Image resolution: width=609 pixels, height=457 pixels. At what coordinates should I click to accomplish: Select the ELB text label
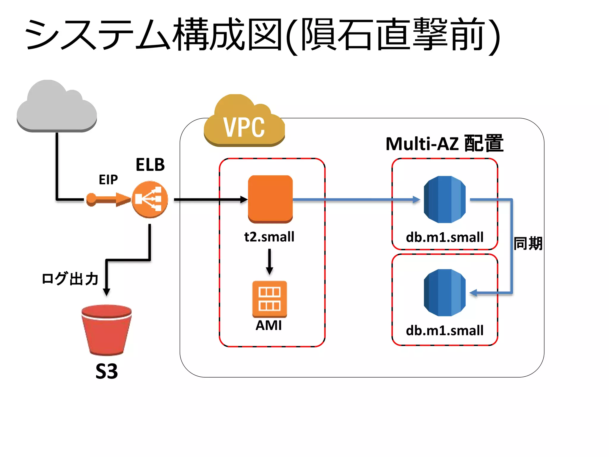point(150,165)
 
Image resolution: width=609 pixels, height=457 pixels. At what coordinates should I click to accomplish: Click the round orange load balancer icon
point(150,199)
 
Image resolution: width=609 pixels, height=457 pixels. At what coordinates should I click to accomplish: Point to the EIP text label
point(108,180)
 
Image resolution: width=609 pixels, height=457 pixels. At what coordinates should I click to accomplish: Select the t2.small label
point(269,237)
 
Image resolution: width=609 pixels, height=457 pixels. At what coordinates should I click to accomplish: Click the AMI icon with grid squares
point(269,299)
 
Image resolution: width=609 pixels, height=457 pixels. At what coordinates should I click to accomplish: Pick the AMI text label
point(269,325)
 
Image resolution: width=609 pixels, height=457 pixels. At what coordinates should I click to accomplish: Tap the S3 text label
point(106,371)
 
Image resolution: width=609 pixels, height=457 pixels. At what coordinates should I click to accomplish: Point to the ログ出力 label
point(70,279)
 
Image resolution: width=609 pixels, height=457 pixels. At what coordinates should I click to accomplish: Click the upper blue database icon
point(445,199)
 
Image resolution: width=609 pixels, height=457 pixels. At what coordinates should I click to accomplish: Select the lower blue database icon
point(445,292)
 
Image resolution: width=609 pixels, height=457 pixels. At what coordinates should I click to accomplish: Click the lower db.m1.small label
point(445,331)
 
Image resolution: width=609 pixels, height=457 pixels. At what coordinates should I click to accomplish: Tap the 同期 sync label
point(528,244)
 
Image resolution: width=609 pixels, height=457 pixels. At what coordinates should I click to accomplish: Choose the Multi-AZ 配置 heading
point(444,144)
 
